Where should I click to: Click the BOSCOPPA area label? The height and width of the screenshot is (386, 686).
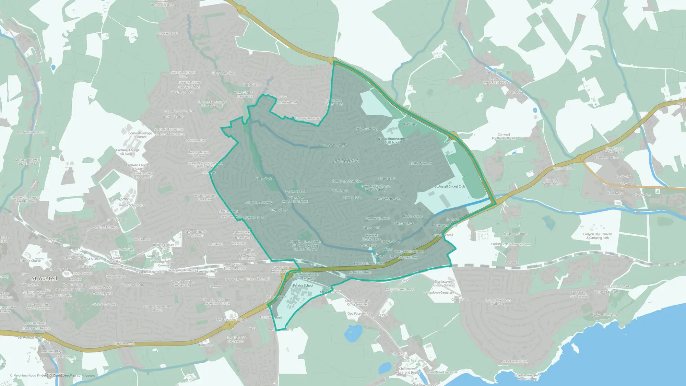(x=346, y=161)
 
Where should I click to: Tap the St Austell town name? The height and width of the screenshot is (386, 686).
(x=44, y=278)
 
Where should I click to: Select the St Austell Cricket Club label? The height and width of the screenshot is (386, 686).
(x=450, y=186)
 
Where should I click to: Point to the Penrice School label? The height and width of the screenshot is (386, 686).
(x=303, y=285)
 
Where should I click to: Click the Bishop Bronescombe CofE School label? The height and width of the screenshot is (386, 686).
(x=392, y=141)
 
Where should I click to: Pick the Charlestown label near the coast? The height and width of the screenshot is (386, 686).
(x=414, y=360)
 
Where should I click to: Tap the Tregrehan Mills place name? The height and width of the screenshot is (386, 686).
(x=499, y=72)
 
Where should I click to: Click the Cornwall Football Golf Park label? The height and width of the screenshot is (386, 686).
(x=504, y=137)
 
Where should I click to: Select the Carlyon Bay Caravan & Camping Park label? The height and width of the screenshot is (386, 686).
(x=598, y=236)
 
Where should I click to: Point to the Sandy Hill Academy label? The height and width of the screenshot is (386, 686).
(x=258, y=202)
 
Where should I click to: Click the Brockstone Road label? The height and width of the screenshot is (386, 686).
(x=334, y=146)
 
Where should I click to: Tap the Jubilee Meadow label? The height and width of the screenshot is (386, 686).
(x=421, y=163)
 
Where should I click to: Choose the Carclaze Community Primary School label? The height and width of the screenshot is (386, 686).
(x=212, y=104)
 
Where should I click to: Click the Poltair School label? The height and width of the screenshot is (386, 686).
(x=121, y=199)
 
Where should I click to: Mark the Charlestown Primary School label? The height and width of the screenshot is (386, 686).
(x=443, y=283)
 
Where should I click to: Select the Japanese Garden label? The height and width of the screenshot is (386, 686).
(x=515, y=234)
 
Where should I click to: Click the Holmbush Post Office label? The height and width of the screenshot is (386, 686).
(x=369, y=264)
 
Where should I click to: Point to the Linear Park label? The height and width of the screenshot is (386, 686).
(x=263, y=179)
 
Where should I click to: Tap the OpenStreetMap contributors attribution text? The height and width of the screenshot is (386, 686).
(x=74, y=375)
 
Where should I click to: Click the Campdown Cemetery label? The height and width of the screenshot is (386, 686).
(x=438, y=293)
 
